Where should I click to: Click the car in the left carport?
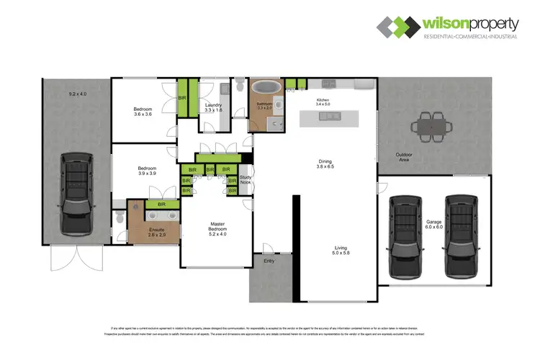76,193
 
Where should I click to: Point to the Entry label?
269,261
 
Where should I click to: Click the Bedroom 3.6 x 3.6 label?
143,111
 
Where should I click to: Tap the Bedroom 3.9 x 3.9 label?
148,171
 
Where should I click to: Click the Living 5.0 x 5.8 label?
336,251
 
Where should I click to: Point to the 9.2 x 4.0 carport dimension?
77,94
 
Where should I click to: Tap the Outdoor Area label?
403,158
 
